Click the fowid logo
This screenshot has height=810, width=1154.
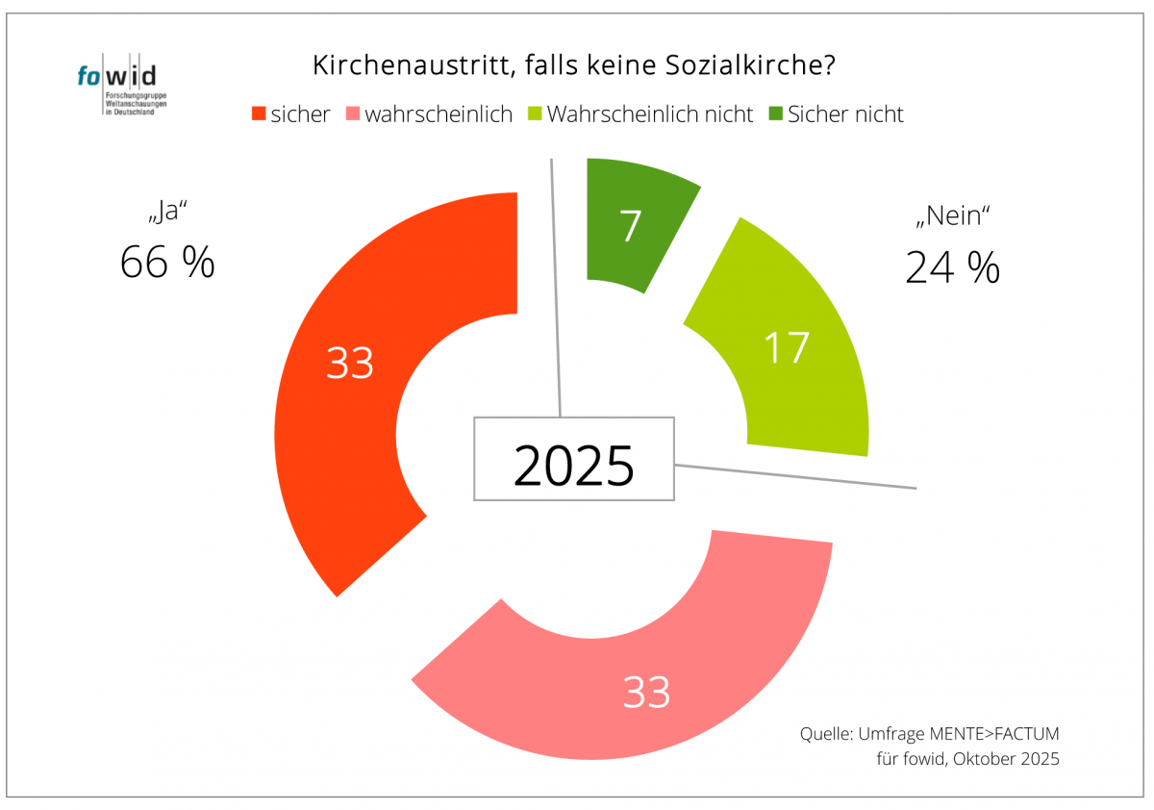116,88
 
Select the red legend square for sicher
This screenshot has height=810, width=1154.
258,114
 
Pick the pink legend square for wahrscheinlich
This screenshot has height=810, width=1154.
351,114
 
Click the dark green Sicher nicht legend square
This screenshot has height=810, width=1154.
774,114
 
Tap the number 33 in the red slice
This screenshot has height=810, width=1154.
350,364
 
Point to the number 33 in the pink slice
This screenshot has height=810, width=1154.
646,692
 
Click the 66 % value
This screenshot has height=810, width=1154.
167,262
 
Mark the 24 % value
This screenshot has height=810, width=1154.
952,267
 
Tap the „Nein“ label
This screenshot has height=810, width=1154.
952,217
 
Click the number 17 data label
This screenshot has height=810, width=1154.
786,347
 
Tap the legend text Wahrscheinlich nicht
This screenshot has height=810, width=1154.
650,114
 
